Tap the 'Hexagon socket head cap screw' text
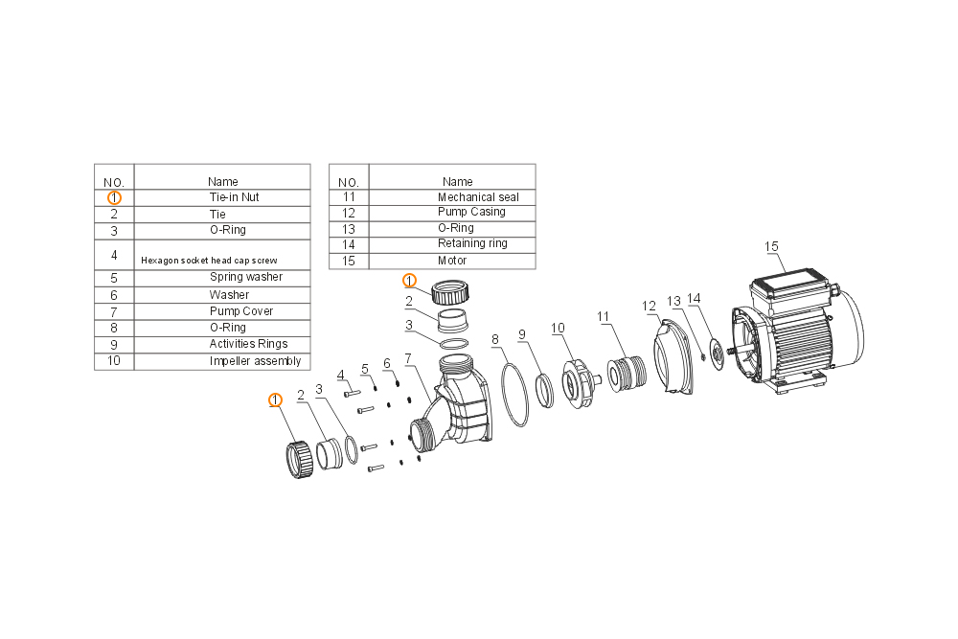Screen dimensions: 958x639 coord(209,261)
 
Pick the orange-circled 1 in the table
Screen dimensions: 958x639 coord(114,198)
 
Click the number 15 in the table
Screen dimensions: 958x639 coord(349,261)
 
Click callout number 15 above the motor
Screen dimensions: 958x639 coord(771,247)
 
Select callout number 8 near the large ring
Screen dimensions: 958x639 coord(495,340)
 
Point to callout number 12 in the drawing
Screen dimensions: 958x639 coord(649,306)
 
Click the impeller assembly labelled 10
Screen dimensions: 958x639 coord(578,383)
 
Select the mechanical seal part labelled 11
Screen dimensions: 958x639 coord(627,373)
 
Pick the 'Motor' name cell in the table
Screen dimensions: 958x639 coord(452,261)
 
